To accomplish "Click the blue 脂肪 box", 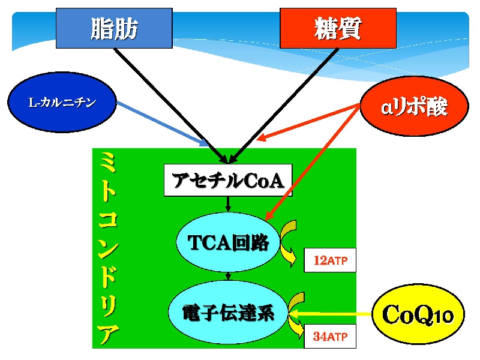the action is tap(114, 28).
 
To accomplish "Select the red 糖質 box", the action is tap(338, 28).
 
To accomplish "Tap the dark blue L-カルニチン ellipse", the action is tap(62, 102).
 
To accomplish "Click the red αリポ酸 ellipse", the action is tap(415, 106).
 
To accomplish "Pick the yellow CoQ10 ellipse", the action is tap(418, 314).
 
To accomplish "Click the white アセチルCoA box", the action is tap(228, 180).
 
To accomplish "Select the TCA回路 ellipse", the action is tap(228, 242).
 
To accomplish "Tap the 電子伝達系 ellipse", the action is tap(228, 312).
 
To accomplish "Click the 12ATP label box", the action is tap(330, 260).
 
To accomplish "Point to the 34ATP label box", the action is tap(330, 336).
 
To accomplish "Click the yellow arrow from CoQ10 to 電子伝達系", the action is tap(330, 314).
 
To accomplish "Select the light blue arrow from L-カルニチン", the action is tap(163, 124).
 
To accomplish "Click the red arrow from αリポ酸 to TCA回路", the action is tap(312, 162).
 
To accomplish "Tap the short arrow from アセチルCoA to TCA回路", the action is tap(228, 204).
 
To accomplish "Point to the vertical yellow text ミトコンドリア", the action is tap(108, 248).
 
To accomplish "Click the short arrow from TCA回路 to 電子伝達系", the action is tap(228, 276).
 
